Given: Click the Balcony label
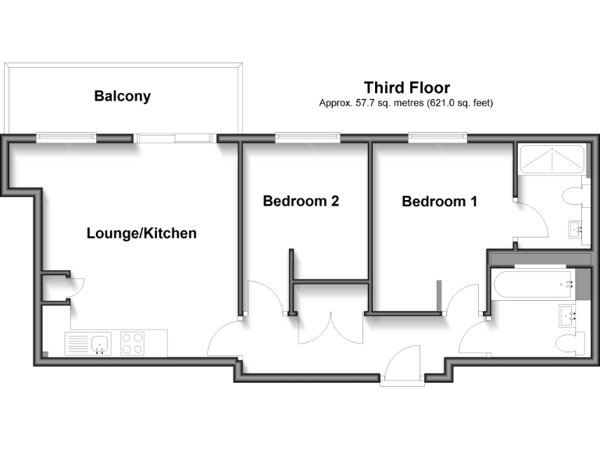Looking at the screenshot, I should click(x=122, y=97).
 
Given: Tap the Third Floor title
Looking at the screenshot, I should click(x=406, y=87).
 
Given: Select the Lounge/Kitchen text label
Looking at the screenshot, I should click(x=141, y=233).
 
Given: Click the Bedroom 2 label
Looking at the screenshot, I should click(x=301, y=201).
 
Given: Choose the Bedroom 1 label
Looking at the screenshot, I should click(x=439, y=202).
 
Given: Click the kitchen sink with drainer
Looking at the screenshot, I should click(x=88, y=344).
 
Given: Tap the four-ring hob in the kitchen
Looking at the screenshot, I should click(x=133, y=344).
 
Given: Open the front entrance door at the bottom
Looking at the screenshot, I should click(x=403, y=367).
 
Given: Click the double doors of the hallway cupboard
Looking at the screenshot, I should click(x=330, y=328).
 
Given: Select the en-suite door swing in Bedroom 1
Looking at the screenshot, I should click(x=531, y=221).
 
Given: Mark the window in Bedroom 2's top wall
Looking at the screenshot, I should click(x=307, y=139).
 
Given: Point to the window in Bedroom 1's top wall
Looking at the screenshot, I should click(x=438, y=139).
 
